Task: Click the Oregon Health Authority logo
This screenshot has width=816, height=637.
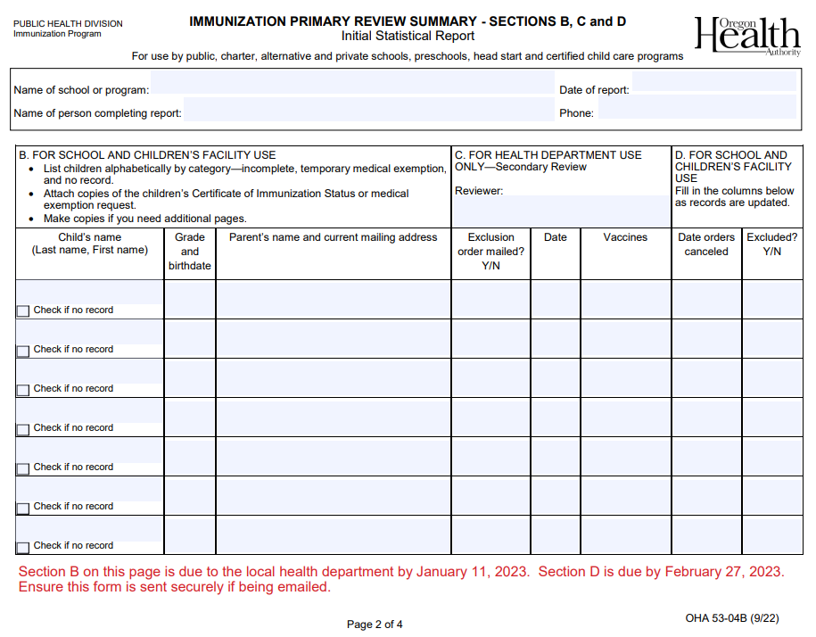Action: [747, 36]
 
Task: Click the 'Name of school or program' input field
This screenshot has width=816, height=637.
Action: [352, 89]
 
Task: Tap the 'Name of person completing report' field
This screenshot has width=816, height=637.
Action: [367, 112]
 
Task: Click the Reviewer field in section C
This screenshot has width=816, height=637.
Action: [560, 211]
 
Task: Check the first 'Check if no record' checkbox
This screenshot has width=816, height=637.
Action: [23, 311]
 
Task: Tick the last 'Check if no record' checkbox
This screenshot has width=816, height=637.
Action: [23, 547]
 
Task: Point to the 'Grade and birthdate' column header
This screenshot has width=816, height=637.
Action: [190, 252]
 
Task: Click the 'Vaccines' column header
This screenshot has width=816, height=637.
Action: [625, 237]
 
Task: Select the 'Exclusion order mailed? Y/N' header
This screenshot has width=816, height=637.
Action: [490, 252]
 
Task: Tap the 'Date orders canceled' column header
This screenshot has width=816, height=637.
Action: [706, 244]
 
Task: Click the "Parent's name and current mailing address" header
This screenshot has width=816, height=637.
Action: [334, 237]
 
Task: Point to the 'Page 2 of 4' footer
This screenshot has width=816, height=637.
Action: [375, 625]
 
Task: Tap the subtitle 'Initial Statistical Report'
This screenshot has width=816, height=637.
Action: [408, 37]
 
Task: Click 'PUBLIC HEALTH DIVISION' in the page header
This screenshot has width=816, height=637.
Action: [68, 24]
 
